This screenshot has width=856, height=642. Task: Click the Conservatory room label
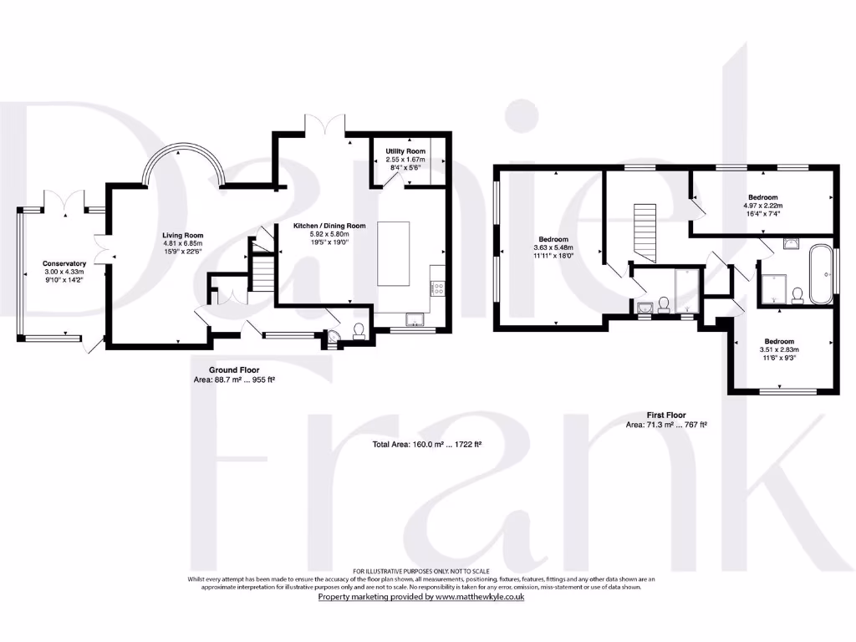click(65, 264)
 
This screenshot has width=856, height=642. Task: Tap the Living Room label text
click(182, 236)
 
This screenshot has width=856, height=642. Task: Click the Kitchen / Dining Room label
click(329, 226)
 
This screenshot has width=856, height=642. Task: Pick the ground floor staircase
click(264, 272)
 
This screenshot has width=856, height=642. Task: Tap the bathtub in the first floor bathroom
click(820, 274)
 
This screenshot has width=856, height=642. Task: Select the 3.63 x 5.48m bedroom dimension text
click(553, 248)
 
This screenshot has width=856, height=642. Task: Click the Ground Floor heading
click(234, 369)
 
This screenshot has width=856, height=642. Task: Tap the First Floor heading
click(666, 415)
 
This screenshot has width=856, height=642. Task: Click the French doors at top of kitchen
click(324, 125)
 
